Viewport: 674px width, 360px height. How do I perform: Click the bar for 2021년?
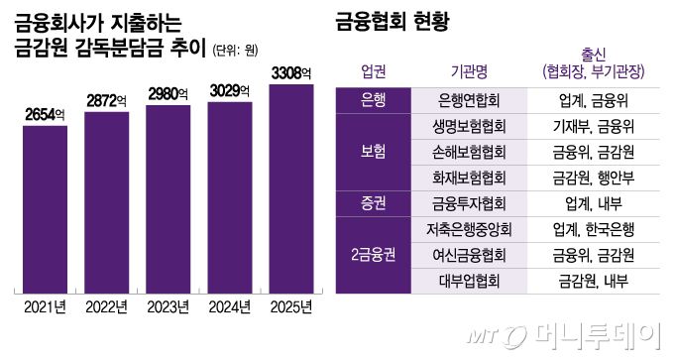point(45,208)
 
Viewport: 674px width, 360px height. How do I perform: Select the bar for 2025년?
point(290,188)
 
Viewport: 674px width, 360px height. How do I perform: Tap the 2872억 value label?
point(106,101)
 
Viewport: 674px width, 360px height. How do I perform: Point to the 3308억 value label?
point(290,73)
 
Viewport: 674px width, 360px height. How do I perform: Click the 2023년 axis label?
point(168,306)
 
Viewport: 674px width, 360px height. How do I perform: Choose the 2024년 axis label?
point(229,306)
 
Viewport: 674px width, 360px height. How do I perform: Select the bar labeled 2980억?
point(168,198)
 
